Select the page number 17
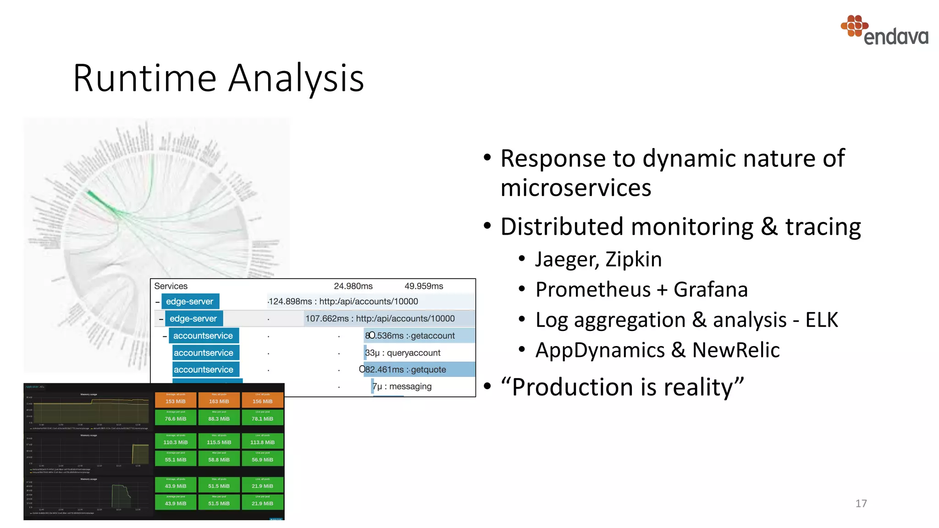(861, 503)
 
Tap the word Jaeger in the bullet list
(567, 259)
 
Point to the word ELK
(822, 320)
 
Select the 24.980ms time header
(353, 286)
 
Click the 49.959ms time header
(424, 286)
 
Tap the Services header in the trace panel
(171, 286)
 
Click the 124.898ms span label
(343, 302)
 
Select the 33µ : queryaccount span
(403, 353)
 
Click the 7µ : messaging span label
(402, 386)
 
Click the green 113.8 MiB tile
(262, 441)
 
